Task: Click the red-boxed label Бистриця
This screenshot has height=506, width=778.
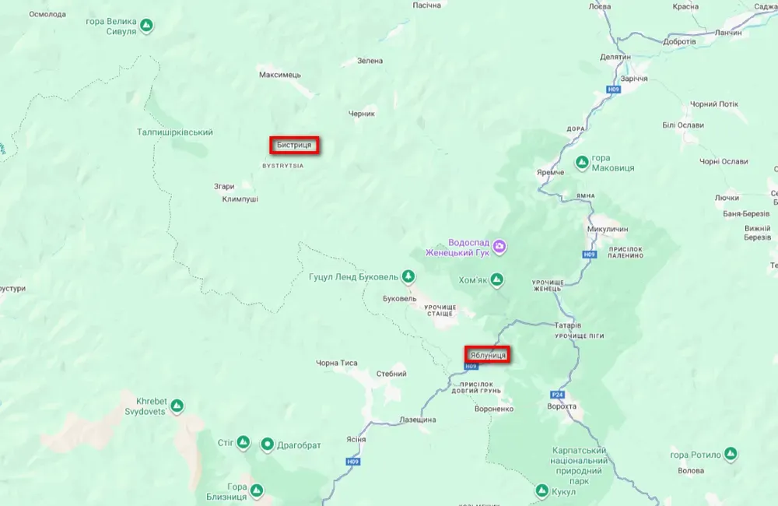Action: pyautogui.click(x=295, y=145)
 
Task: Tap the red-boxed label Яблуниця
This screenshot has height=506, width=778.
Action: pyautogui.click(x=488, y=355)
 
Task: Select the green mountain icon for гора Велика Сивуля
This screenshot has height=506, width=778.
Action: pyautogui.click(x=146, y=26)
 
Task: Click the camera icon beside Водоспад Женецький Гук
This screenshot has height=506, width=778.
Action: pyautogui.click(x=500, y=247)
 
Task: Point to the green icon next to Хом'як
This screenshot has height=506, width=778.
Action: pyautogui.click(x=496, y=279)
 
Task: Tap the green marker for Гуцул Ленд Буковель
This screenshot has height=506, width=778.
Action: pyautogui.click(x=408, y=276)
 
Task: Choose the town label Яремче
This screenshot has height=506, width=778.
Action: pyautogui.click(x=550, y=172)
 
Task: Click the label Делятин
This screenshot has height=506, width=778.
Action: pyautogui.click(x=615, y=57)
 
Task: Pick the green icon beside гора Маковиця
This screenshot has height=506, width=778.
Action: pyautogui.click(x=581, y=162)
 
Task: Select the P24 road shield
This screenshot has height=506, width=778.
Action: pyautogui.click(x=557, y=395)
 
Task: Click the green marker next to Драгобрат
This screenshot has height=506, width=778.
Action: pyautogui.click(x=268, y=444)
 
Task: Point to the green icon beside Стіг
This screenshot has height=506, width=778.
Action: pyautogui.click(x=243, y=443)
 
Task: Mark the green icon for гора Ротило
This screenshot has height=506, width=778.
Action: pyautogui.click(x=730, y=454)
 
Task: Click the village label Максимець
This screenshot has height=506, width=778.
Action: pyautogui.click(x=279, y=75)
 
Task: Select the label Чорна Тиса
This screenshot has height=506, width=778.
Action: pyautogui.click(x=337, y=363)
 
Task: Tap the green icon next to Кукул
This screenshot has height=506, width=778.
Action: pyautogui.click(x=541, y=491)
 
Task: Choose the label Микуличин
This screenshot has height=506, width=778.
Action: pyautogui.click(x=608, y=229)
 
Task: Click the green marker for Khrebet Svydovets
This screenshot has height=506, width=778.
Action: pyautogui.click(x=177, y=406)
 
